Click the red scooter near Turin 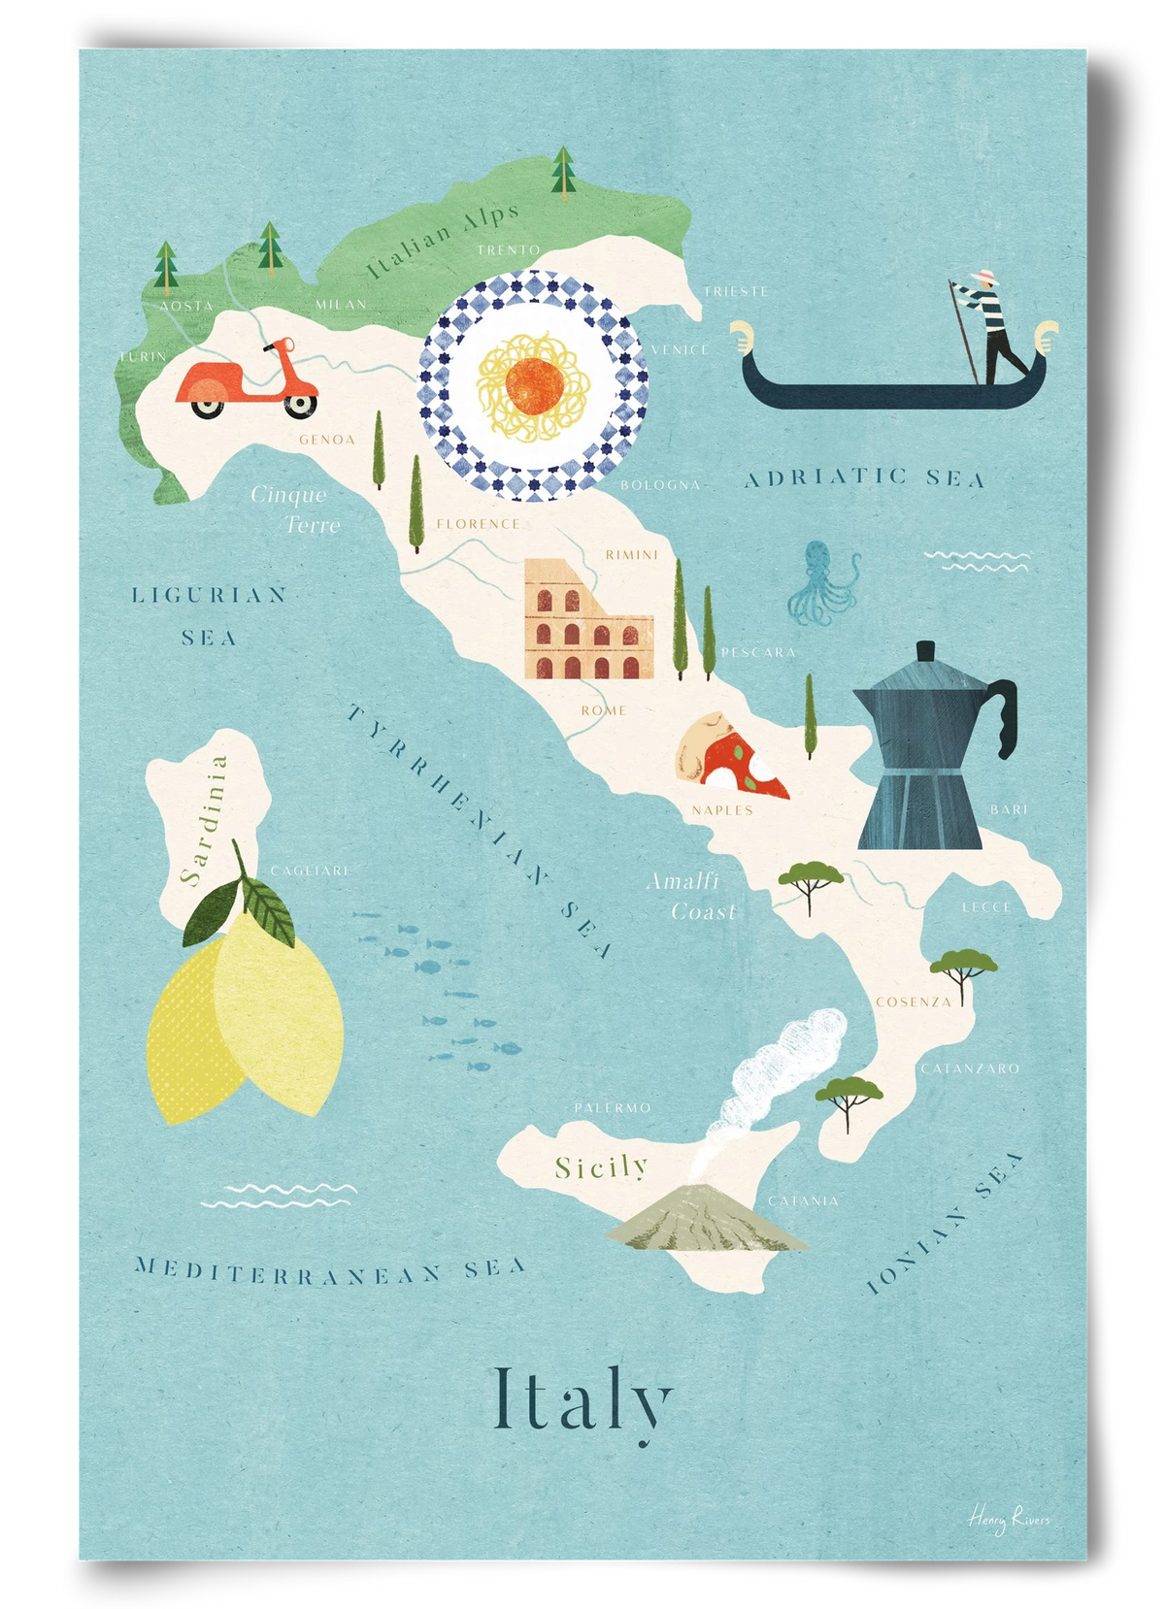(x=248, y=380)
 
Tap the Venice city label (x=680, y=349)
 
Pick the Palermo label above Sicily (x=612, y=1107)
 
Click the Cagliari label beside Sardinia (x=308, y=870)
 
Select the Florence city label (x=478, y=524)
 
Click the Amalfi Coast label (x=691, y=896)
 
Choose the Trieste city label (x=736, y=291)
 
